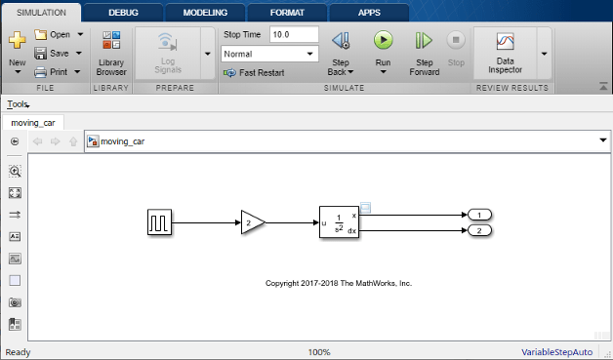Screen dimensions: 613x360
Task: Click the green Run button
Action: click(x=383, y=40)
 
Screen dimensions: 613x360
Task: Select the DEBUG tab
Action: click(x=123, y=13)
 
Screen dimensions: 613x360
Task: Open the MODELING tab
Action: click(x=205, y=13)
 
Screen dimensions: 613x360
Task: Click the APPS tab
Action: click(x=369, y=13)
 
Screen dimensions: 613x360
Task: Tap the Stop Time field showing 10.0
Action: click(x=294, y=34)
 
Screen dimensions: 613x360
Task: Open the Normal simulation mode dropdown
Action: click(x=269, y=54)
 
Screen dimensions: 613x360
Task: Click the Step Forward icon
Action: click(x=424, y=40)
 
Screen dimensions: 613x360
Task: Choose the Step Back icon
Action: click(x=341, y=40)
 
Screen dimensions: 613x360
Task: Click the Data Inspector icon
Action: click(x=505, y=41)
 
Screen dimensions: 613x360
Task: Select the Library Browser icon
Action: click(x=111, y=40)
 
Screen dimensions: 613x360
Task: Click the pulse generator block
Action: click(x=159, y=222)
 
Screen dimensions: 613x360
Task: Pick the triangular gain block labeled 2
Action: click(x=253, y=222)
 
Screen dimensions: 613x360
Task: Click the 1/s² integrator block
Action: click(x=339, y=222)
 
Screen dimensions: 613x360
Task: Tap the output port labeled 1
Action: click(x=479, y=215)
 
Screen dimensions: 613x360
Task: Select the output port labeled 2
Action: click(x=479, y=230)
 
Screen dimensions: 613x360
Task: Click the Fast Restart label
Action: click(x=262, y=73)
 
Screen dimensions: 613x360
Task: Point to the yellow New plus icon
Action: click(x=18, y=40)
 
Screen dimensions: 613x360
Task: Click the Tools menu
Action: click(x=18, y=104)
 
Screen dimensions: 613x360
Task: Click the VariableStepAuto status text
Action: click(x=556, y=352)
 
